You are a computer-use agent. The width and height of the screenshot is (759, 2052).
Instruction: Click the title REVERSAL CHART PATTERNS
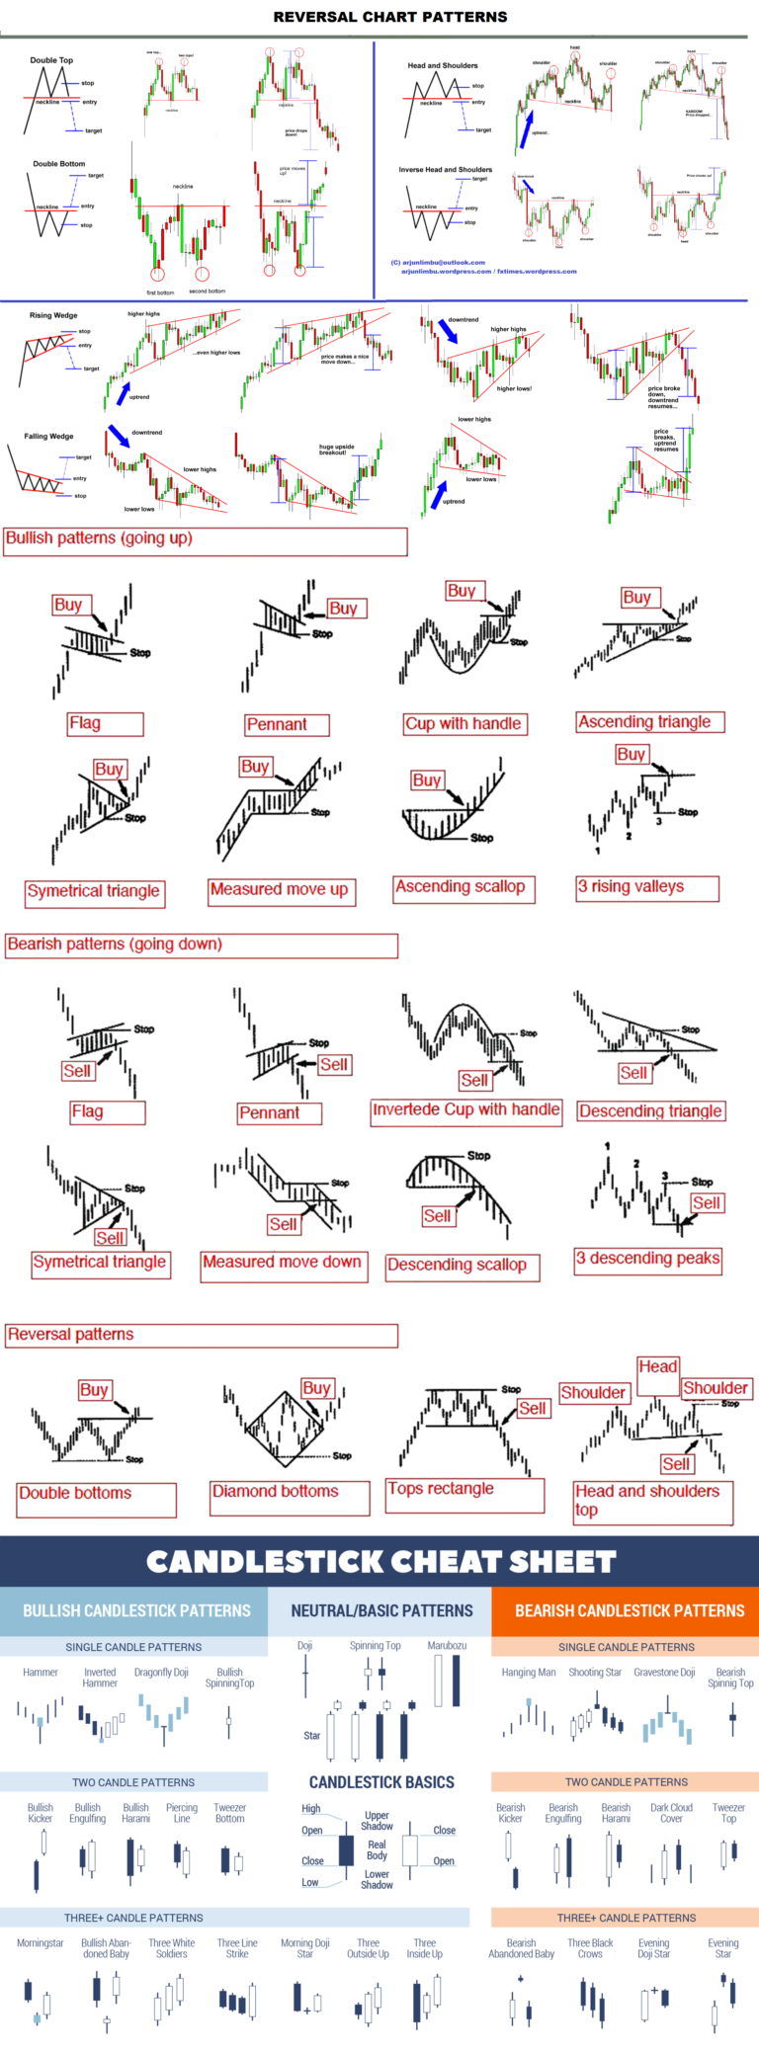coord(390,17)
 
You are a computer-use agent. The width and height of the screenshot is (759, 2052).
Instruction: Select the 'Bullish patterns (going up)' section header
coord(99,538)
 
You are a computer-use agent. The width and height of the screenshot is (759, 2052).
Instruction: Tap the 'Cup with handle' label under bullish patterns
coord(464,723)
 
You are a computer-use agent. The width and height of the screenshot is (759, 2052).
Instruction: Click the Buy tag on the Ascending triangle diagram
coord(636,597)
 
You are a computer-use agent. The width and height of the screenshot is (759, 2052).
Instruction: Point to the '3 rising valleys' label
coord(631,886)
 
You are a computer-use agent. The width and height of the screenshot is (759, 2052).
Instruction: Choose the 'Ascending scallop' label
coord(461,886)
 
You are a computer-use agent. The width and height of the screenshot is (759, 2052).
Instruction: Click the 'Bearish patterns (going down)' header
coord(115,944)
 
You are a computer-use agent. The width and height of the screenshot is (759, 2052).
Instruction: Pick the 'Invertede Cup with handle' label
coord(465,1109)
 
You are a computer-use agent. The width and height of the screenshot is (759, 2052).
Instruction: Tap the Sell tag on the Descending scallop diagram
coord(437,1216)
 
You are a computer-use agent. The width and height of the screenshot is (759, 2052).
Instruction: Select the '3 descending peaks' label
coord(647,1258)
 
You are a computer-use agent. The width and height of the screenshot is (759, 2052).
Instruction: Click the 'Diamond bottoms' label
coord(276,1491)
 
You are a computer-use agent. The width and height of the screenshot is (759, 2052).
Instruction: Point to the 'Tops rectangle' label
coord(441,1488)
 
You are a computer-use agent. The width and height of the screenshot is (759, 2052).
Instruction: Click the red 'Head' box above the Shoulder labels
coord(657,1366)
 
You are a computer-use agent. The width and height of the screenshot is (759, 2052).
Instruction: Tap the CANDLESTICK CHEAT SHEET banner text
coord(380,1562)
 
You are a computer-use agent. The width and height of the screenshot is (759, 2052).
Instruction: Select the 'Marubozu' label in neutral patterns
coord(447,1646)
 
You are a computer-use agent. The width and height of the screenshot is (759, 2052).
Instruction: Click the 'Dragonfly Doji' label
coord(161,1673)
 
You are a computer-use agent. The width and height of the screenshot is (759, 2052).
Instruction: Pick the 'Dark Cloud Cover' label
coord(671,1812)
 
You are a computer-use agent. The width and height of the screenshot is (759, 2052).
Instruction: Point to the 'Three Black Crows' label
coord(590,1947)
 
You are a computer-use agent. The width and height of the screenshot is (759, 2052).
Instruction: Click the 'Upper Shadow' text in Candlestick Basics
coord(377,1820)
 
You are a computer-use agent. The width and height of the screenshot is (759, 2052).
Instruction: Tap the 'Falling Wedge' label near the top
coord(48,436)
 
